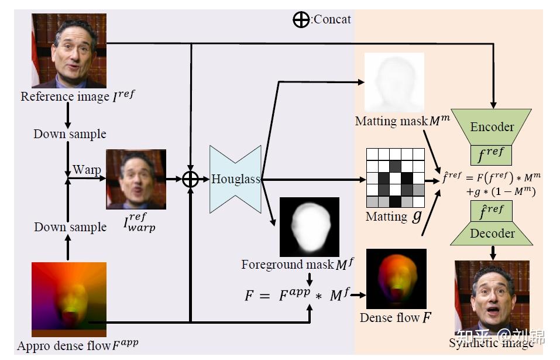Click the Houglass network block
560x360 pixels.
pos(236,179)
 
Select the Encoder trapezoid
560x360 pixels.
pos(492,126)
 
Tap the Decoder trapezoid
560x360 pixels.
pos(492,233)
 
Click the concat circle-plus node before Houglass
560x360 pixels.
pos(191,179)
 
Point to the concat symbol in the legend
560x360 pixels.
pos(301,20)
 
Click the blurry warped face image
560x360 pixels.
pos(136,179)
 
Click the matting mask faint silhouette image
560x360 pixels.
pos(394,83)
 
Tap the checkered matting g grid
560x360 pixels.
pos(395,177)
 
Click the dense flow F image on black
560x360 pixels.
pos(396,279)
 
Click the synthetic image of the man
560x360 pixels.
pos(492,299)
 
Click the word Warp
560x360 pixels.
pos(87,170)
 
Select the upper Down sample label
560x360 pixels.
pos(70,134)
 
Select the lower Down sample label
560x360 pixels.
pos(70,227)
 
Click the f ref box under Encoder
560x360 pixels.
pos(492,155)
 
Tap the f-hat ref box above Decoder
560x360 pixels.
pos(492,210)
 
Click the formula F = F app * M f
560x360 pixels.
pos(293,296)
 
